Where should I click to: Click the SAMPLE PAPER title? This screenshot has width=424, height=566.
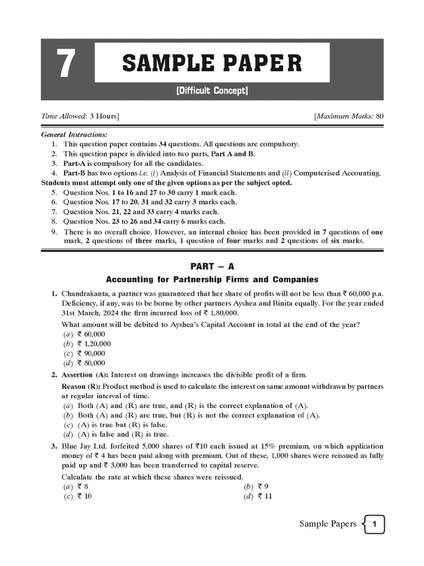(x=212, y=62)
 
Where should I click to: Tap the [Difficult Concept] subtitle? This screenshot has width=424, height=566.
(x=213, y=91)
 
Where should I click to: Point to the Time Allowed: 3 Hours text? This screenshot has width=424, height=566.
(x=81, y=116)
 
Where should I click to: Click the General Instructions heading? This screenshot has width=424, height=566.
(x=75, y=135)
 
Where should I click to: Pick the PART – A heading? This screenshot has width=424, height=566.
(x=212, y=266)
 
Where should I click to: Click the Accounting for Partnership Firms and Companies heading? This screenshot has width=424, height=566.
(x=212, y=279)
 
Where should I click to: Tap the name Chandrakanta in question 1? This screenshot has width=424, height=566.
(x=86, y=294)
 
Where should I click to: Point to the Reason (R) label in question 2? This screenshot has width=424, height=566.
(x=81, y=386)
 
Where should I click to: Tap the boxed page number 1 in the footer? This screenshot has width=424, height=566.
(x=374, y=524)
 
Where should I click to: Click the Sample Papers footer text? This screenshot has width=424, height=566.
(x=327, y=524)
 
